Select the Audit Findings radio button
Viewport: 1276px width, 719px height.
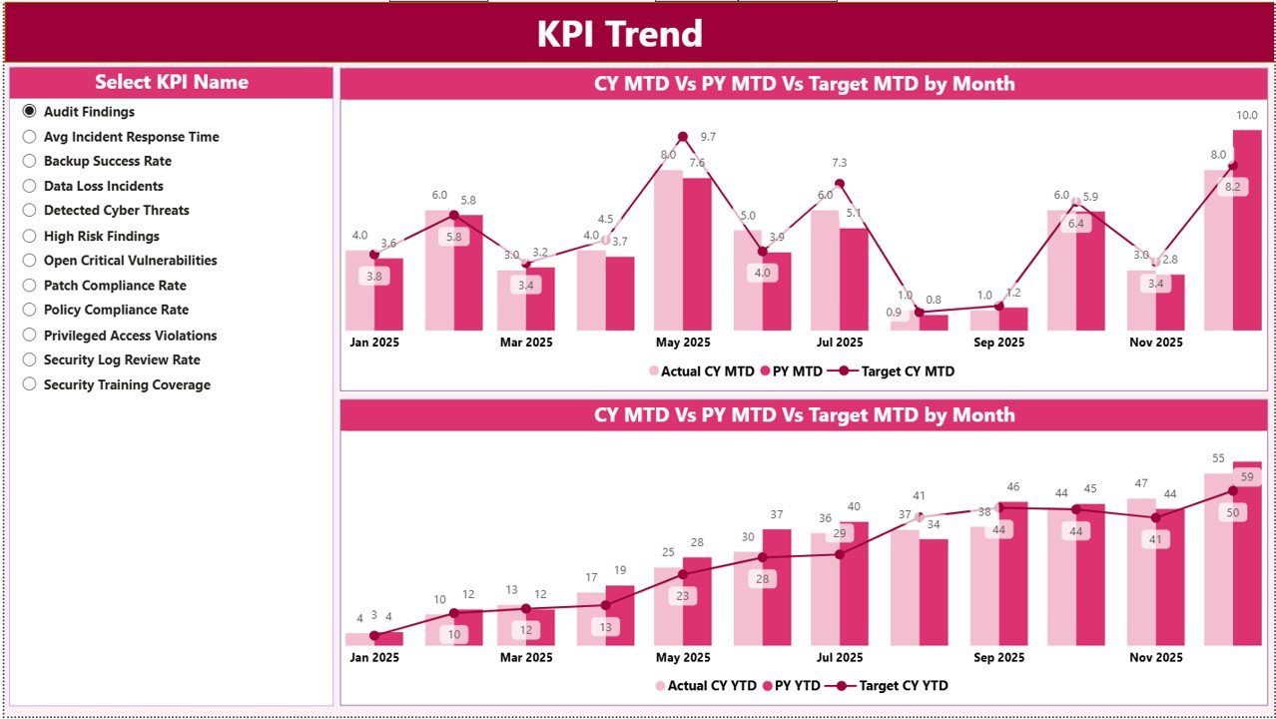pyautogui.click(x=29, y=112)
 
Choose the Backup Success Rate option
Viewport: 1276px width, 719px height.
pyautogui.click(x=29, y=161)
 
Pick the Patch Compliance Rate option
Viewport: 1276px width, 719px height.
pyautogui.click(x=29, y=286)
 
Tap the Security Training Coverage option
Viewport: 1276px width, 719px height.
pyautogui.click(x=29, y=384)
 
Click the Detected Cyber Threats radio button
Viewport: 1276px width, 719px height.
pyautogui.click(x=29, y=211)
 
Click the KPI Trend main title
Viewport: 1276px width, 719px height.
pyautogui.click(x=619, y=34)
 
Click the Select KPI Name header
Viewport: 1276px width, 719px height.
pyautogui.click(x=171, y=82)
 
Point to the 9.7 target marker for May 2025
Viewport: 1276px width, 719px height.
pyautogui.click(x=683, y=137)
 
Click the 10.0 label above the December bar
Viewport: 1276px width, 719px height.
pyautogui.click(x=1247, y=115)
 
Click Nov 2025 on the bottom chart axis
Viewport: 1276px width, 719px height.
pyautogui.click(x=1155, y=657)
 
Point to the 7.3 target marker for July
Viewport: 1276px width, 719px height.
pyautogui.click(x=840, y=183)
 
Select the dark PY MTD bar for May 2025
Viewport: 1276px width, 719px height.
pyautogui.click(x=697, y=255)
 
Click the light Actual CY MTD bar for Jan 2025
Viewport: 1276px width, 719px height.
pyautogui.click(x=359, y=292)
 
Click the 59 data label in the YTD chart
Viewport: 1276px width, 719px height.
pyautogui.click(x=1246, y=476)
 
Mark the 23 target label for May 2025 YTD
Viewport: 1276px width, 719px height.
pyautogui.click(x=683, y=596)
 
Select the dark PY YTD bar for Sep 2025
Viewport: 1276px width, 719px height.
pyautogui.click(x=1012, y=574)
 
